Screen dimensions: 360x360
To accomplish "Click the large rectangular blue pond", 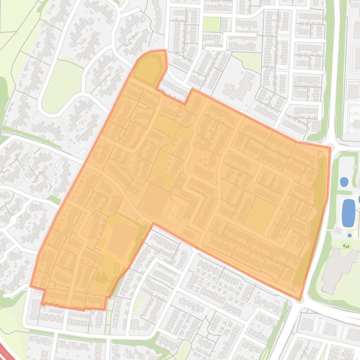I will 348,212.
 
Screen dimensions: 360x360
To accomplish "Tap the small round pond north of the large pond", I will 344,181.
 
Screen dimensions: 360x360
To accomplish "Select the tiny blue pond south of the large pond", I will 350,235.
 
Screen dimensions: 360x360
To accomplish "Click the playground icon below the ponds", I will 346,246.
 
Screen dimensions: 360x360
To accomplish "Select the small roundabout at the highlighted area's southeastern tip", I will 300,299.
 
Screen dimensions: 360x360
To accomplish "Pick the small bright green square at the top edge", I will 211,23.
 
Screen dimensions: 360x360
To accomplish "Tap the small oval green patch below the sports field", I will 116,268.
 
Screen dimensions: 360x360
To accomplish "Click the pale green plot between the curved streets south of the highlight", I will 139,302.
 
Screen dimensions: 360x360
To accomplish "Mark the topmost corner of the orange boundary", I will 165,50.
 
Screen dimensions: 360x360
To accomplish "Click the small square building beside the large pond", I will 338,230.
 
